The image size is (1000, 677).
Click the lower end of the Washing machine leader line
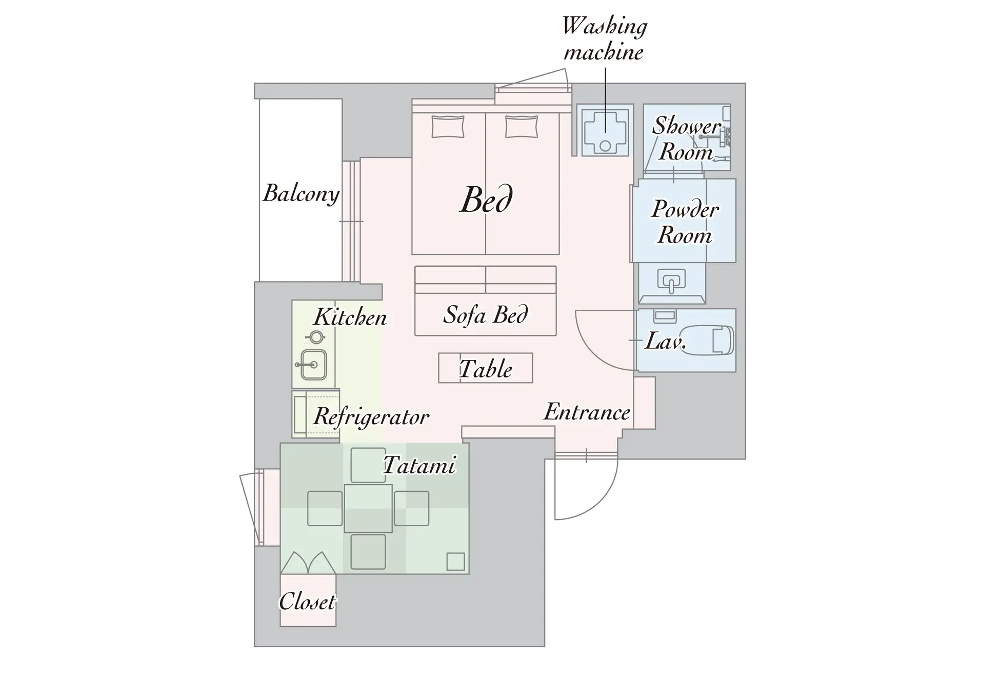tap(605, 133)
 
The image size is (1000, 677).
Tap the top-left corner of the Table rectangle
tap(439, 353)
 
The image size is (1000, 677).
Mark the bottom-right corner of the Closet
tap(336, 626)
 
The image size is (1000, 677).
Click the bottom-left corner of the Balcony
tap(259, 281)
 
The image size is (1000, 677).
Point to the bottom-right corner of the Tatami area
tap(469, 573)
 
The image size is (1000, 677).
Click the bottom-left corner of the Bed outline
tap(412, 254)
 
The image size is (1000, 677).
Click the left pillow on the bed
tap(448, 127)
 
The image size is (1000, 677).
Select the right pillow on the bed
tap(522, 127)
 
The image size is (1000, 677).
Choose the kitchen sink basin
tap(313, 365)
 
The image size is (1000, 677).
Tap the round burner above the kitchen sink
tap(316, 337)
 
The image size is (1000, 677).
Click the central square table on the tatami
tap(368, 508)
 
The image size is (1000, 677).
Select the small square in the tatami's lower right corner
tap(455, 562)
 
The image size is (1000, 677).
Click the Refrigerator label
tap(371, 416)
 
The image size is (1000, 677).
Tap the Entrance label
tap(587, 412)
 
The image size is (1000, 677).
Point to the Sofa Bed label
tap(485, 314)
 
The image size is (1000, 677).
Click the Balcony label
tap(301, 193)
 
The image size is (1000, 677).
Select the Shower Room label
tap(687, 139)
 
